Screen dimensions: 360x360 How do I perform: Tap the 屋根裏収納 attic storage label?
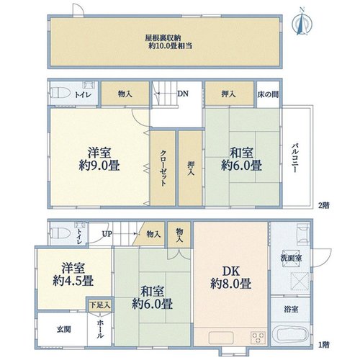pyautogui.click(x=163, y=38)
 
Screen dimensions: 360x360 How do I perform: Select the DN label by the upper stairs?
pyautogui.click(x=183, y=94)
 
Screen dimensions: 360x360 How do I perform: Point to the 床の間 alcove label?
pyautogui.click(x=268, y=94)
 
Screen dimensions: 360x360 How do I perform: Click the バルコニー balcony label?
pyautogui.click(x=295, y=158)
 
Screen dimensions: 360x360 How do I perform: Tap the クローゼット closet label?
pyautogui.click(x=163, y=168)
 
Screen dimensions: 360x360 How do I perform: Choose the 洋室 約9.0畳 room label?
pyautogui.click(x=99, y=158)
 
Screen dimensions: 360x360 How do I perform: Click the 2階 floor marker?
pyautogui.click(x=324, y=205)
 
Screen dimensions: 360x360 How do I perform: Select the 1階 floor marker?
pyautogui.click(x=324, y=345)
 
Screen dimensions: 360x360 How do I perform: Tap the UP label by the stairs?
pyautogui.click(x=107, y=234)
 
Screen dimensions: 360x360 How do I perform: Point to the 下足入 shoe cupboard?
pyautogui.click(x=100, y=305)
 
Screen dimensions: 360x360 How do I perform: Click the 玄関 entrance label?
pyautogui.click(x=64, y=329)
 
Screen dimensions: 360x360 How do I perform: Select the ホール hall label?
pyautogui.click(x=100, y=329)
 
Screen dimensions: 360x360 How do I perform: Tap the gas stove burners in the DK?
pyautogui.click(x=258, y=338)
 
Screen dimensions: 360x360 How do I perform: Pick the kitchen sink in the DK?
pyautogui.click(x=221, y=338)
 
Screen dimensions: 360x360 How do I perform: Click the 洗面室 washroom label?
pyautogui.click(x=291, y=258)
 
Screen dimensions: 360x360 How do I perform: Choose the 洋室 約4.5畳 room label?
pyautogui.click(x=73, y=274)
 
